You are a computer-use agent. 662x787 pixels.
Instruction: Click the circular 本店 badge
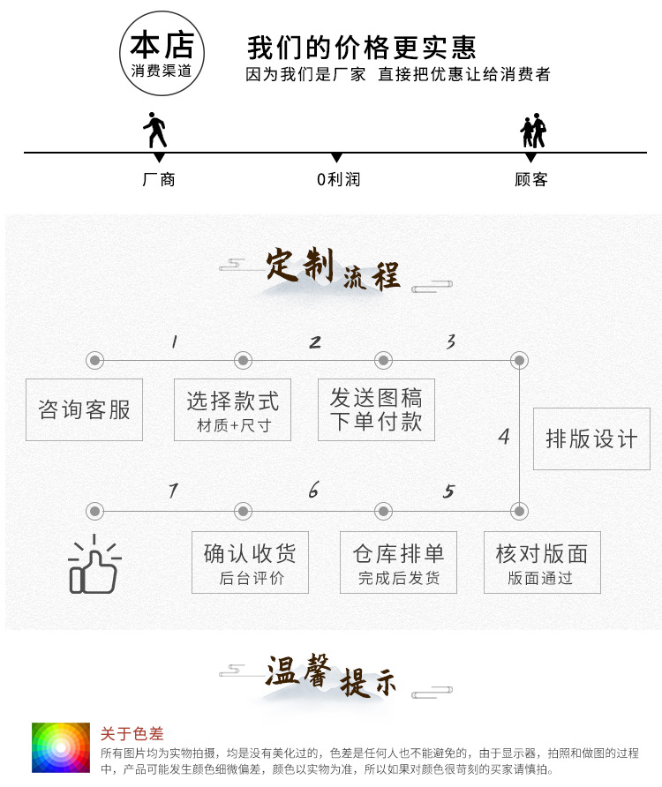pyautogui.click(x=162, y=53)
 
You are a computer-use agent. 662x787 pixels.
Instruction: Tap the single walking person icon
pyautogui.click(x=155, y=130)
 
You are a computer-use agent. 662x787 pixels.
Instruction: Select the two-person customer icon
pyautogui.click(x=533, y=131)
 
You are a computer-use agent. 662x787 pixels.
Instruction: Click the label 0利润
pyautogui.click(x=339, y=179)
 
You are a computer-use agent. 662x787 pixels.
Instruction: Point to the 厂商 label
pyautogui.click(x=159, y=179)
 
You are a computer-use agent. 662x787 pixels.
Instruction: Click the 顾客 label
pyautogui.click(x=530, y=179)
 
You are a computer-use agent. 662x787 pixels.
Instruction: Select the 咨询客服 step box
pyautogui.click(x=85, y=409)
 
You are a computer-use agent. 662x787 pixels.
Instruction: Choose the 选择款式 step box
pyautogui.click(x=232, y=409)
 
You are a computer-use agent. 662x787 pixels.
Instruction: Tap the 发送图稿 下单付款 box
pyautogui.click(x=376, y=409)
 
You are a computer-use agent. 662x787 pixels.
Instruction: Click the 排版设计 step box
pyautogui.click(x=591, y=438)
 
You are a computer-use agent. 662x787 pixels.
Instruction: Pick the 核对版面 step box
pyautogui.click(x=542, y=562)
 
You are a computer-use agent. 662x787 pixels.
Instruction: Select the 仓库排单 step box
pyautogui.click(x=398, y=562)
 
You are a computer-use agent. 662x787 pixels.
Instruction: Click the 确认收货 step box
pyautogui.click(x=250, y=562)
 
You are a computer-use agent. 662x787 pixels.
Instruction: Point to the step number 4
pyautogui.click(x=504, y=437)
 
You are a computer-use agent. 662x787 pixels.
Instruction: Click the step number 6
pyautogui.click(x=313, y=490)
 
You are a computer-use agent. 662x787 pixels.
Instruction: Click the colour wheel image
pyautogui.click(x=61, y=748)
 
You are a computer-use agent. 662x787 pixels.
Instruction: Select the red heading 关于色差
pyautogui.click(x=132, y=733)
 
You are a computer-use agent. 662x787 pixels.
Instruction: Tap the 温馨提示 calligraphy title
pyautogui.click(x=331, y=676)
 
